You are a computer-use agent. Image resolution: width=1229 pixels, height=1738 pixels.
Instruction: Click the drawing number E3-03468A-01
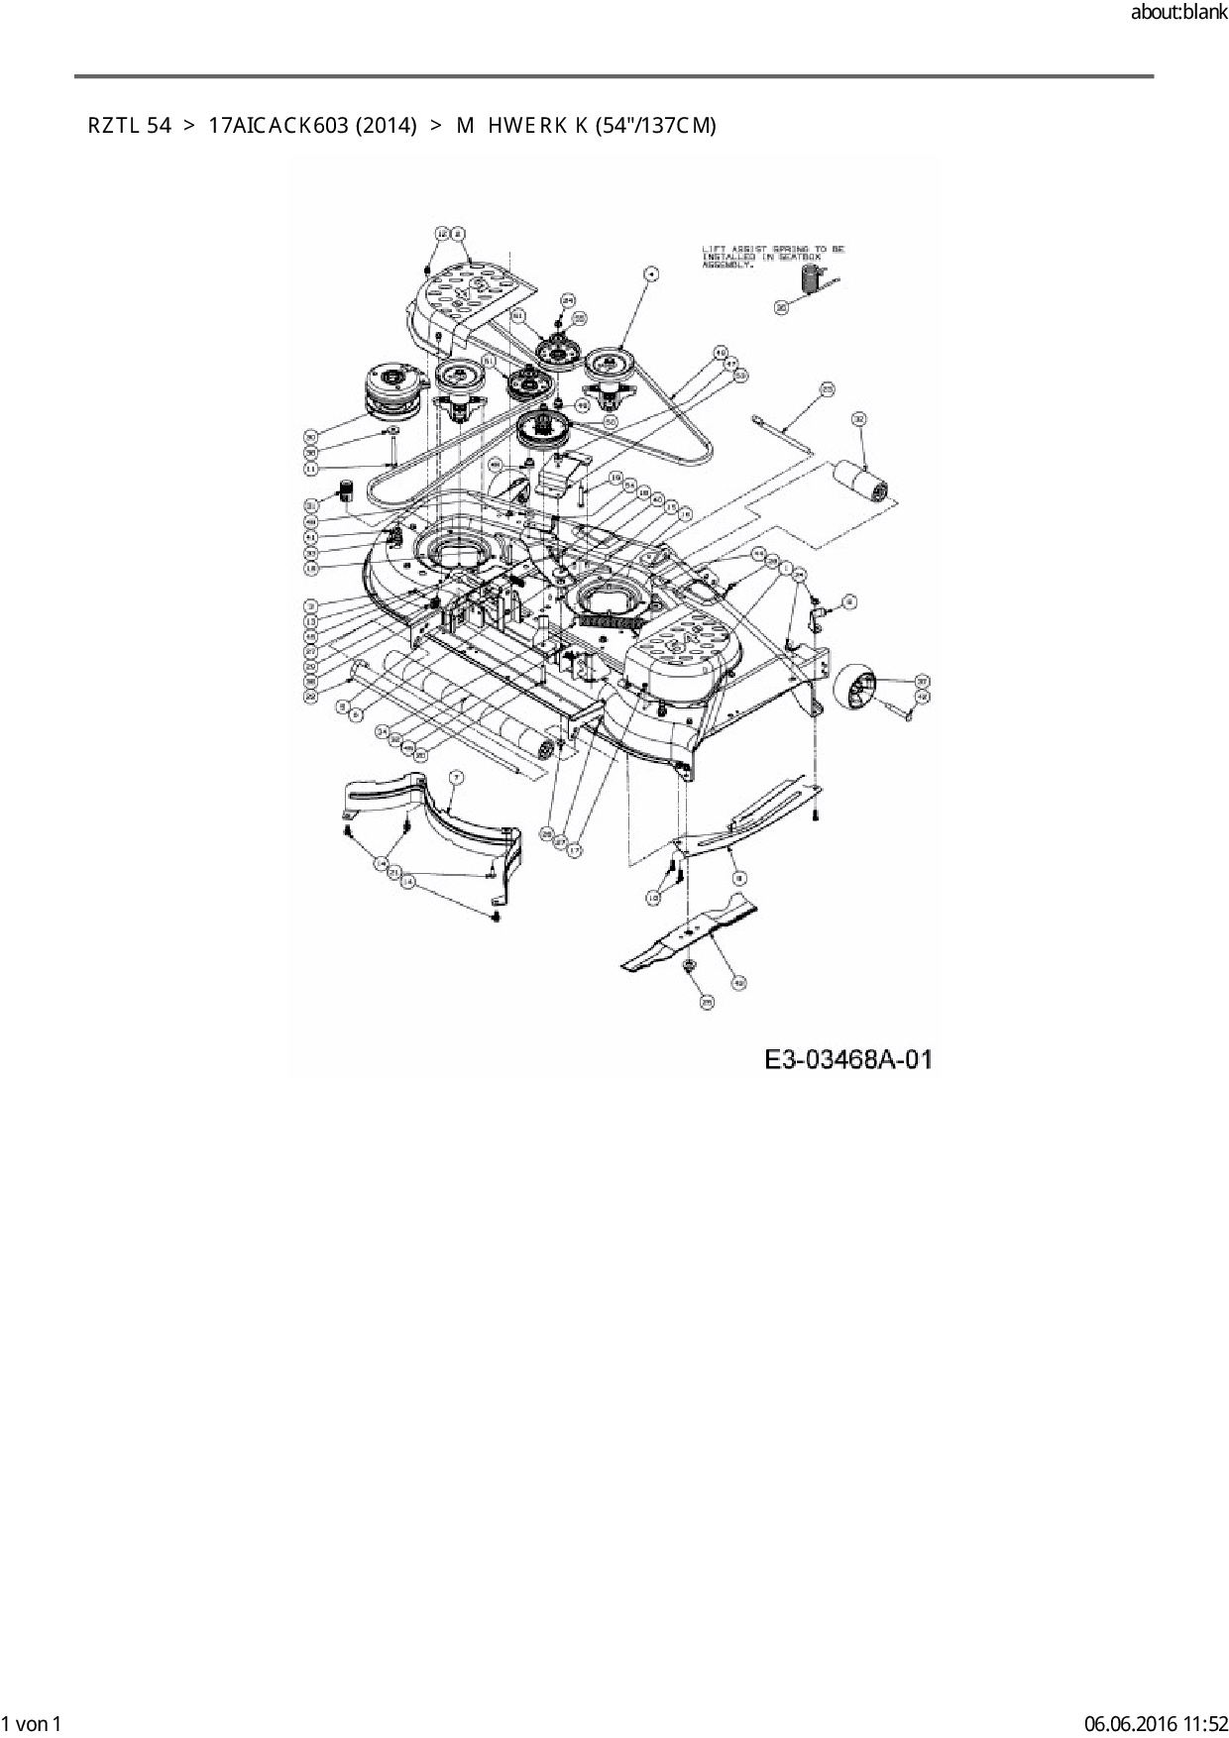click(x=848, y=1059)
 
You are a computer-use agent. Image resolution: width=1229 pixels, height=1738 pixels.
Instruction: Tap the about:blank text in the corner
click(x=1178, y=15)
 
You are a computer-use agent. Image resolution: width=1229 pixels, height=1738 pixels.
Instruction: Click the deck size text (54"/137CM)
click(x=654, y=126)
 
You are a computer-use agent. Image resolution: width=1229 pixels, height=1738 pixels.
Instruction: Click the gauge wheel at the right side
click(x=859, y=691)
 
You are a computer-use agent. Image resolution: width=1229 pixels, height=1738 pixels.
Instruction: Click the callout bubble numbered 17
click(x=575, y=850)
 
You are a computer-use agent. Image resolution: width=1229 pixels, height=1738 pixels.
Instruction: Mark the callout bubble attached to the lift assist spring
click(x=781, y=308)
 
